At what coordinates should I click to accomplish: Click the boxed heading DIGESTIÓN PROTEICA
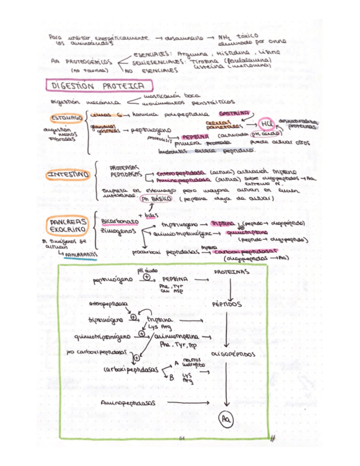pos(97,86)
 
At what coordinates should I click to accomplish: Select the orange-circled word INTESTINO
pos(68,175)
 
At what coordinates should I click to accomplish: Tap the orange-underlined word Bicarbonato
pos(119,221)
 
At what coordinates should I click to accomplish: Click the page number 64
pos(182,439)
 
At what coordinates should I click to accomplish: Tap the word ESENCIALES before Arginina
pos(152,54)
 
